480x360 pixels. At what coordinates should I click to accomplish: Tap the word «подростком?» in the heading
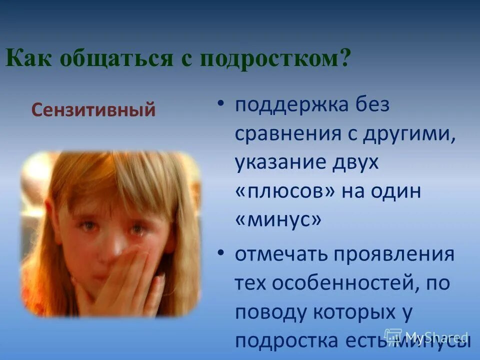click(274, 59)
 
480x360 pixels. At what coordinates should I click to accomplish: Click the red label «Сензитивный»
click(93, 109)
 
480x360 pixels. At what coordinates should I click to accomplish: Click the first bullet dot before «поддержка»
click(221, 104)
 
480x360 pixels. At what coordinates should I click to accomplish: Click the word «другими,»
click(409, 134)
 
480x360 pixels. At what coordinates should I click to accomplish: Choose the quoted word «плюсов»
click(285, 191)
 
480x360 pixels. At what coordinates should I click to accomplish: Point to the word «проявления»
click(398, 255)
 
